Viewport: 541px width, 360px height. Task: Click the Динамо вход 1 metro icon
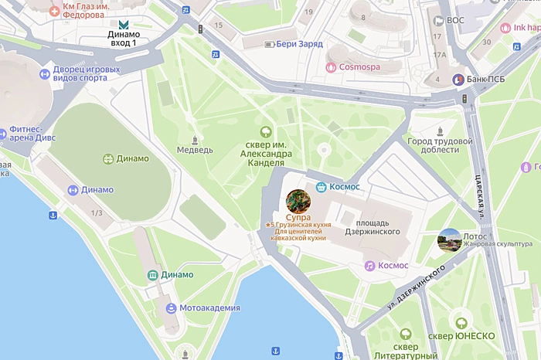tap(124, 25)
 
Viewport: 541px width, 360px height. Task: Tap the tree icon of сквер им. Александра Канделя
tap(267, 133)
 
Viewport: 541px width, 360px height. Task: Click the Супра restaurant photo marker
tap(298, 201)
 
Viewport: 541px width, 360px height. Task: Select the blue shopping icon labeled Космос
tap(320, 187)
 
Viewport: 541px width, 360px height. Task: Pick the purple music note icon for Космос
tap(370, 265)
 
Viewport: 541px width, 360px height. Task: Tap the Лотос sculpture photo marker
tap(449, 240)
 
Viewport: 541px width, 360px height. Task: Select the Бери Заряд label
tap(297, 45)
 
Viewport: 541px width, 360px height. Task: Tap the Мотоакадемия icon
tap(170, 308)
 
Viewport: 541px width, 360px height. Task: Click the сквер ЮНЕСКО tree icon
tap(461, 324)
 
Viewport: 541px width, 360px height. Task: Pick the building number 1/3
tap(97, 212)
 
